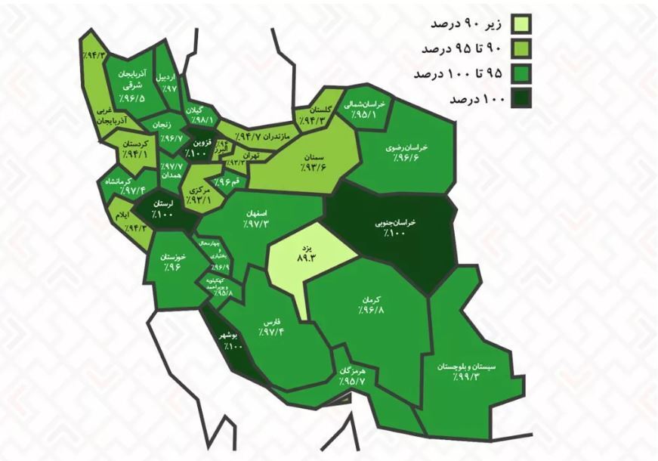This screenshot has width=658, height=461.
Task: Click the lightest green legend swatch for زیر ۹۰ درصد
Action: tap(521, 23)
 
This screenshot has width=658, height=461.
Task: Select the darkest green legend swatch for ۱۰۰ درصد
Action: tap(521, 99)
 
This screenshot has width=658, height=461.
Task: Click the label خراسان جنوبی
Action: tap(394, 224)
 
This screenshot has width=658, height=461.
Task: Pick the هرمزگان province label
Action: tap(354, 373)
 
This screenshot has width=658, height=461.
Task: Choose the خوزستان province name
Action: tap(174, 256)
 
